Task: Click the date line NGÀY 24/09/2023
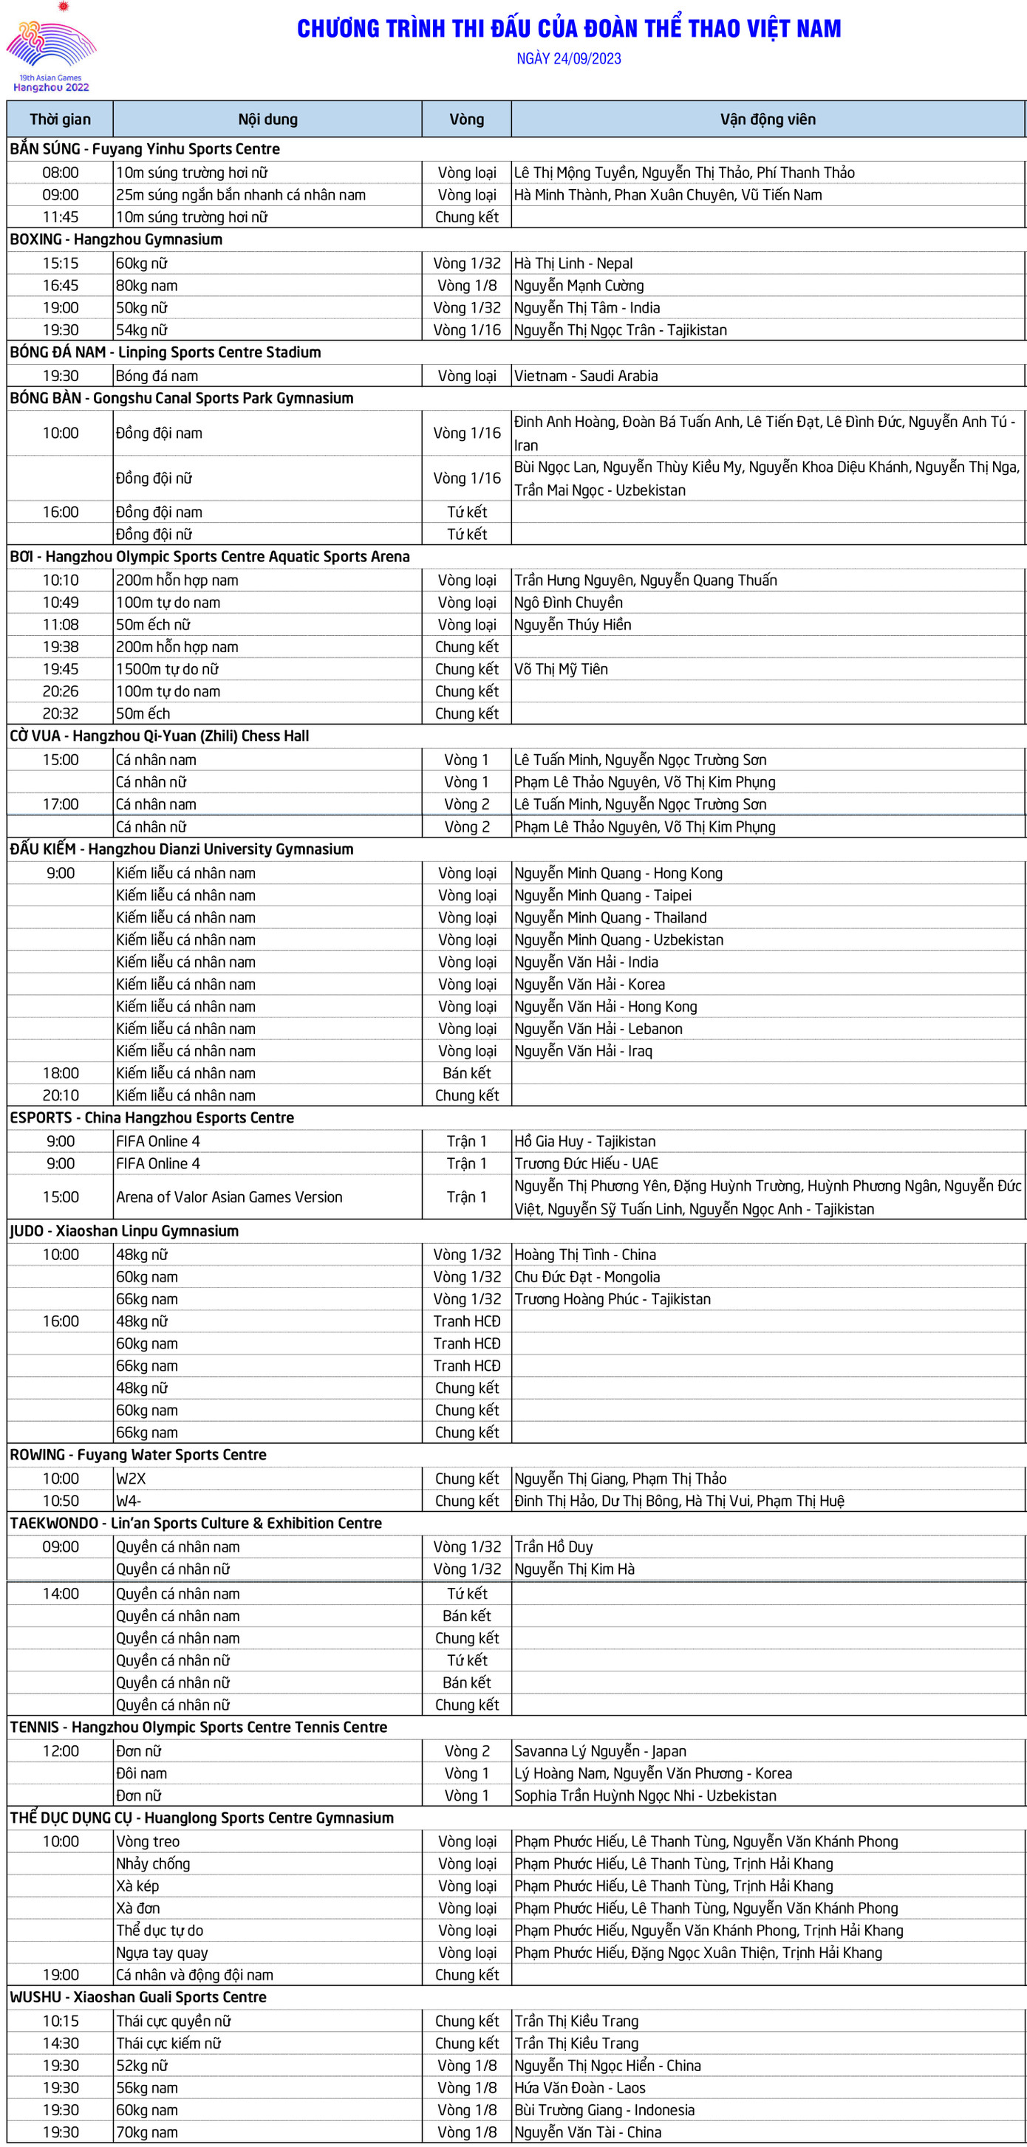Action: pos(568,58)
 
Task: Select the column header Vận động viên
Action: pos(768,119)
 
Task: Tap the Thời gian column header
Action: pos(60,119)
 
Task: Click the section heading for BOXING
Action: pos(116,239)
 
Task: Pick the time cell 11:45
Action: pos(60,216)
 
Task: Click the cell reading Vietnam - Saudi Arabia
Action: pos(586,376)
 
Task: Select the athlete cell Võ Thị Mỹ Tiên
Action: pos(561,669)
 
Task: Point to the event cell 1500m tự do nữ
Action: pos(168,669)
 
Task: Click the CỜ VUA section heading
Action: pos(159,736)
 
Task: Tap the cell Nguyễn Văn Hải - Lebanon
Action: pos(598,1029)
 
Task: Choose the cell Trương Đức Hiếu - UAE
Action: pos(586,1163)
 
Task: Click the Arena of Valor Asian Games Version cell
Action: pos(229,1197)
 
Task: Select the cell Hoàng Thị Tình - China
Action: pos(585,1254)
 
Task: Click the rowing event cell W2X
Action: pos(131,1479)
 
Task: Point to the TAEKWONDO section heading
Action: pos(196,1523)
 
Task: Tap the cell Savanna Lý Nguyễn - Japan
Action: pos(600,1751)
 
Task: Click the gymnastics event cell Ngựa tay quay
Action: pos(163,1952)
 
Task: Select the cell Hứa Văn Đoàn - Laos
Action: pos(580,2088)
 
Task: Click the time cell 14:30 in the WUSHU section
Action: pos(60,2043)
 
